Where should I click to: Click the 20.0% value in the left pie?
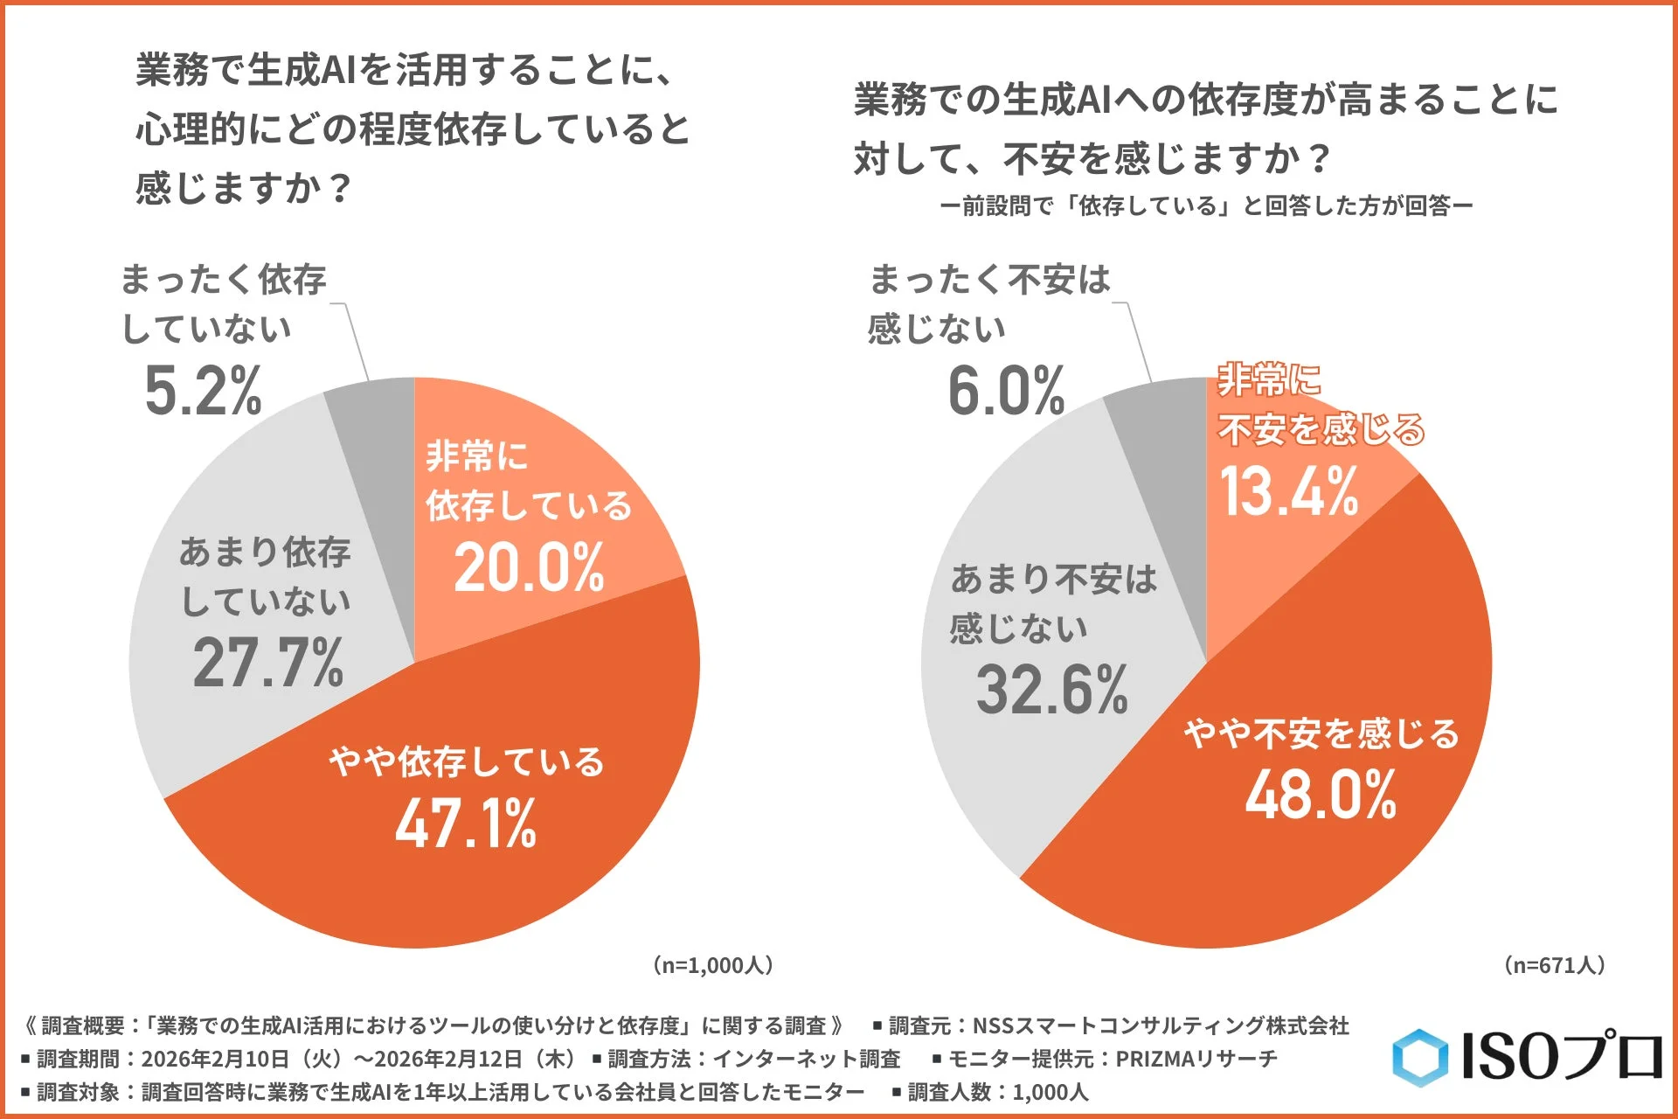point(529,568)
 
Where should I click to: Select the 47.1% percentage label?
point(465,824)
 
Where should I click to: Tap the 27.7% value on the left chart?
point(267,663)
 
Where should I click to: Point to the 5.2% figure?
point(203,390)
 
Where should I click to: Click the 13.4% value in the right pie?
point(1288,491)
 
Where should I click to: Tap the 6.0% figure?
point(1006,390)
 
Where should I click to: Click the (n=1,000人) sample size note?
point(712,965)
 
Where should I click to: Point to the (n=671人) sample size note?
point(1554,965)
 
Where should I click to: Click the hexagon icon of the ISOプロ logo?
point(1419,1058)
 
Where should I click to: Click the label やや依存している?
point(466,761)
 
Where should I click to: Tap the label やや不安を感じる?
point(1321,733)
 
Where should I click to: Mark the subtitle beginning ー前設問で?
point(1206,206)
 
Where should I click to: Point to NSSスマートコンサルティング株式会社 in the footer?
point(1161,1025)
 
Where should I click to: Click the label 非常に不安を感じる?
point(1320,405)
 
